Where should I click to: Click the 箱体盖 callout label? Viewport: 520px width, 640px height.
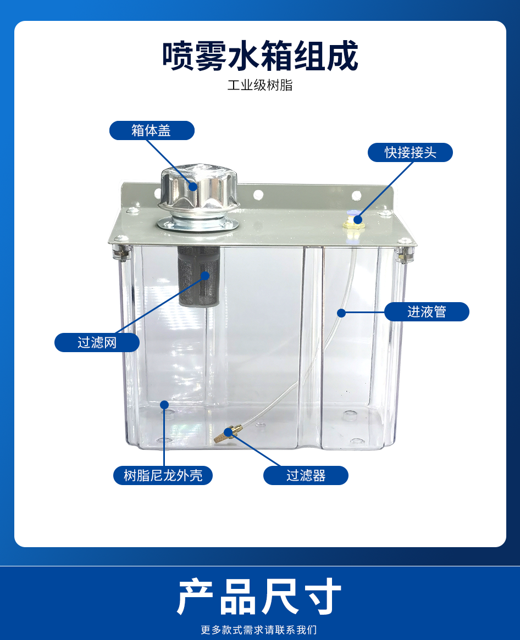(x=152, y=131)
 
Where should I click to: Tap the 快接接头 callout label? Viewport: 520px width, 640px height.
(x=410, y=153)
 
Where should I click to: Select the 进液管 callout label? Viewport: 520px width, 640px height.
(x=427, y=312)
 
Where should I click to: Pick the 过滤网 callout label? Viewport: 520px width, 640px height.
(x=97, y=342)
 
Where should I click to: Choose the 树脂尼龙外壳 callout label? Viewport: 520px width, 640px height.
(x=163, y=476)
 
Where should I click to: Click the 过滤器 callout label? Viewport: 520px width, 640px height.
(x=306, y=476)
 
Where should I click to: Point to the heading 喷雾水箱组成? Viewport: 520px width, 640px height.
(x=260, y=55)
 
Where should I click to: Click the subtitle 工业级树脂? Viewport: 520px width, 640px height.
(x=260, y=85)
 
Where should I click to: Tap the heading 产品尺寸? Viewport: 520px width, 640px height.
(x=259, y=597)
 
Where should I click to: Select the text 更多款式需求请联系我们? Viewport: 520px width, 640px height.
(x=259, y=630)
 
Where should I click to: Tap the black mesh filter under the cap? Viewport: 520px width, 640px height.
(x=199, y=276)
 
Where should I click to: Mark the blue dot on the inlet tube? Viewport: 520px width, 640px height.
(x=341, y=313)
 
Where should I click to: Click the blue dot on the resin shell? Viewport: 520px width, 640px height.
(x=164, y=405)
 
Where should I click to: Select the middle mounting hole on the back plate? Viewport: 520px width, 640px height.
(x=258, y=194)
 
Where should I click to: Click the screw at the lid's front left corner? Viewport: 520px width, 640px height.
(x=119, y=240)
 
